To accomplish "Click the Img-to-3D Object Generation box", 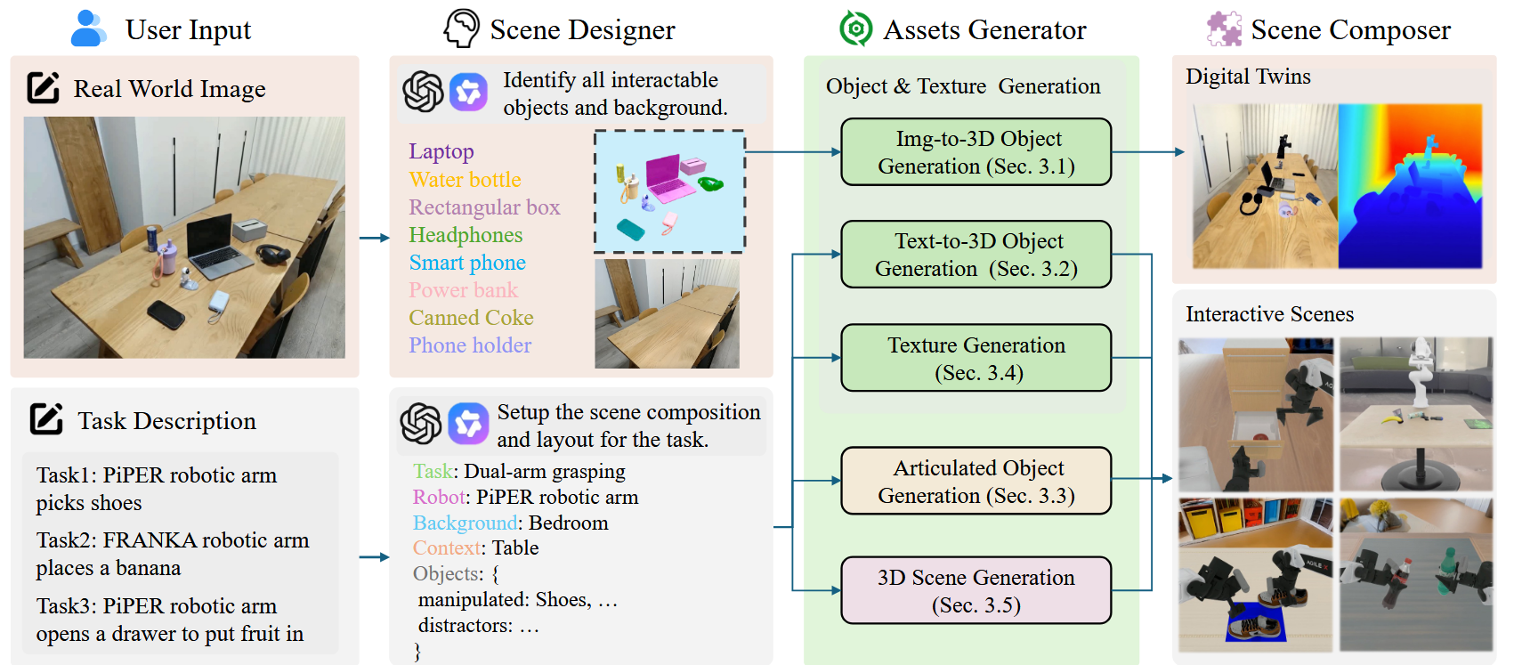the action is tap(976, 152).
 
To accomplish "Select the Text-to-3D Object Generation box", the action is tap(976, 255).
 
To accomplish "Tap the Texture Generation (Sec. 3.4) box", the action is tap(976, 358).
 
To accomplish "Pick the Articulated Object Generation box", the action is tap(976, 482).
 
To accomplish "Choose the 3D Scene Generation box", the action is tap(976, 590).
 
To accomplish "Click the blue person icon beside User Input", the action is tap(88, 28).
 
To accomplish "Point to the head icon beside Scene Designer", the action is tap(462, 28).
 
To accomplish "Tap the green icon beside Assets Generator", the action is tap(855, 29).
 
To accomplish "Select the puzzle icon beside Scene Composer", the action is tap(1224, 29).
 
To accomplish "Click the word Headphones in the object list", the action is tap(466, 234).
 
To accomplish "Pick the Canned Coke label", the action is tap(471, 318).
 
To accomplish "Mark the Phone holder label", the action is tap(470, 345).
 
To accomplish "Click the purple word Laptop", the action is tap(441, 151).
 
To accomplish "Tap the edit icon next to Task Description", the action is tap(46, 419).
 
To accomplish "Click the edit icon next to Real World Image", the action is tap(44, 87).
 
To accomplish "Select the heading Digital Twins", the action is tap(1248, 77).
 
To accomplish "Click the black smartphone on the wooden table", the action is tap(166, 314).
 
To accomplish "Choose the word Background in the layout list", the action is tap(465, 523).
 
